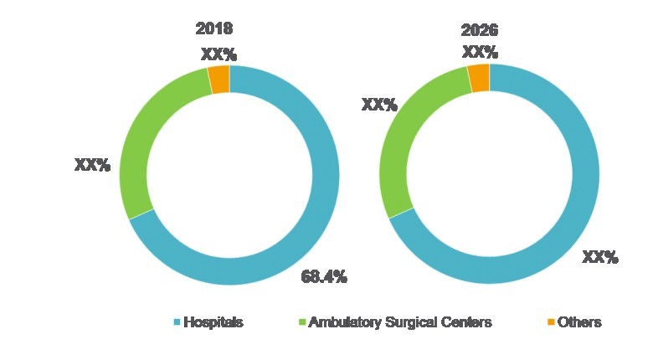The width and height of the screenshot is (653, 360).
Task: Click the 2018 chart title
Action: pyautogui.click(x=213, y=28)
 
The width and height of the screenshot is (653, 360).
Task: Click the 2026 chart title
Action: pyautogui.click(x=480, y=31)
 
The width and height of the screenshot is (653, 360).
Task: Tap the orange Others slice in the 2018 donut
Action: pyautogui.click(x=219, y=80)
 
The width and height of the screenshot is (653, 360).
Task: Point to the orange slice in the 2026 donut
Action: pyautogui.click(x=479, y=78)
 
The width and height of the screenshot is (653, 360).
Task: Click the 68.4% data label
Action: pyautogui.click(x=324, y=277)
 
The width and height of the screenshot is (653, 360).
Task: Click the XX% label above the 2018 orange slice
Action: pyautogui.click(x=219, y=54)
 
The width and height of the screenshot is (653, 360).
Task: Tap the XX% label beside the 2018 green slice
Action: pyautogui.click(x=93, y=165)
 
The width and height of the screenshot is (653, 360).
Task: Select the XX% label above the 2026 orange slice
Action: pyautogui.click(x=481, y=52)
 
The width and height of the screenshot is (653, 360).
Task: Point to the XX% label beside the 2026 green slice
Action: pyautogui.click(x=378, y=105)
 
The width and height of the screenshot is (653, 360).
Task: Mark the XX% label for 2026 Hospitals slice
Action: pyautogui.click(x=600, y=257)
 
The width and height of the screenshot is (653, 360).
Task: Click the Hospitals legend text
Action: pyautogui.click(x=213, y=322)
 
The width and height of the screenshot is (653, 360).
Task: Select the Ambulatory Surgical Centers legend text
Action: pyautogui.click(x=400, y=322)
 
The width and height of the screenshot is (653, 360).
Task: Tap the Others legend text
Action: pyautogui.click(x=579, y=322)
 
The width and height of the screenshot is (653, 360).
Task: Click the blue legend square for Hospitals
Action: pyautogui.click(x=177, y=322)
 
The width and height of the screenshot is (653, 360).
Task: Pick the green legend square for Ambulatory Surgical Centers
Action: pyautogui.click(x=302, y=322)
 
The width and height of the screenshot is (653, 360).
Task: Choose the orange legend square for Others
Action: pyautogui.click(x=550, y=322)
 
